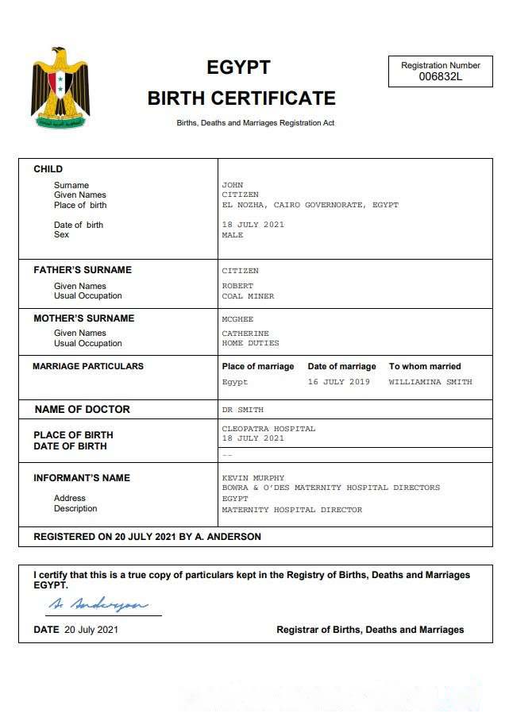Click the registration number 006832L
[441, 77]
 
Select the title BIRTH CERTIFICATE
[241, 98]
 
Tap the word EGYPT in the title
[238, 67]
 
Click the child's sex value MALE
[233, 235]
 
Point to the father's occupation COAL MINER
[248, 296]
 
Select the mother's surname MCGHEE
[237, 319]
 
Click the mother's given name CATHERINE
[245, 334]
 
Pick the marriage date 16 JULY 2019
[338, 382]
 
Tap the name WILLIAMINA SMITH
[430, 382]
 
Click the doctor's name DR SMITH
[242, 410]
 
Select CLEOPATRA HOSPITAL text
[268, 429]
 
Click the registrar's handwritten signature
[98, 605]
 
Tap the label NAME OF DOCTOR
[82, 410]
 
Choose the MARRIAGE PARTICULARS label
[88, 367]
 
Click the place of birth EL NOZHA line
[310, 205]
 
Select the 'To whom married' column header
[424, 367]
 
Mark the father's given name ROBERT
[237, 286]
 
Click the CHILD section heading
[48, 169]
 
